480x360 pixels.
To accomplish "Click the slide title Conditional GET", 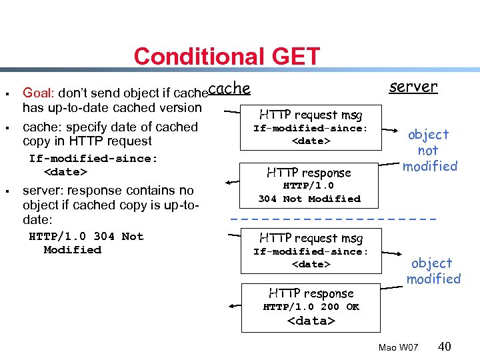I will (x=227, y=56).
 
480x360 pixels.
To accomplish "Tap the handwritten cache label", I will (x=229, y=88).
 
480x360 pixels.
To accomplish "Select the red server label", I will (x=413, y=86).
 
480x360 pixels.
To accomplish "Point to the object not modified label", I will (x=429, y=150).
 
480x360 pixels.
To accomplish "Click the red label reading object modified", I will (x=433, y=271).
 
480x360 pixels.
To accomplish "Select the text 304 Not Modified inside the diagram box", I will (x=309, y=199).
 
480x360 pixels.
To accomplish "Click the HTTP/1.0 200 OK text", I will (x=311, y=307).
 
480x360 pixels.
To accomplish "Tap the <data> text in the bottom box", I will (x=311, y=321).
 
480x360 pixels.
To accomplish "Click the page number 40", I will (x=445, y=347).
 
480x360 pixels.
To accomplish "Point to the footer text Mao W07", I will (x=398, y=348).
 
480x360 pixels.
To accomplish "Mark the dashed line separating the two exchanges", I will (x=333, y=219).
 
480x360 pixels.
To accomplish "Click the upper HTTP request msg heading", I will (x=311, y=115).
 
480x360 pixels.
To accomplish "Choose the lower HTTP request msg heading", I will (x=311, y=238).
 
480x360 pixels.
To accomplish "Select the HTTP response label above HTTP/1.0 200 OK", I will (x=311, y=293).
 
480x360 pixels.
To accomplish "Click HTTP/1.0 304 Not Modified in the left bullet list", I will (x=86, y=243).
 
